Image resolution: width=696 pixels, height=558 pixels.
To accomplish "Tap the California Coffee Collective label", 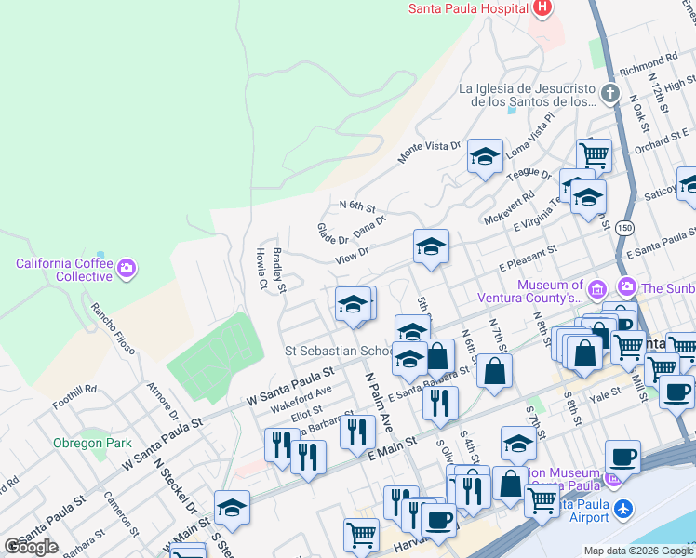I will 64,270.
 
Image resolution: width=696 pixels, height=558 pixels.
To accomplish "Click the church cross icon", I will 609,94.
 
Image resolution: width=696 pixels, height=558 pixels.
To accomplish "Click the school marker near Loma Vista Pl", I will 485,158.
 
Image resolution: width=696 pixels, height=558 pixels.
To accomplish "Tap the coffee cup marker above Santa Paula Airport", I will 622,457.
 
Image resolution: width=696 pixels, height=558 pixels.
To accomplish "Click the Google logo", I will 31,547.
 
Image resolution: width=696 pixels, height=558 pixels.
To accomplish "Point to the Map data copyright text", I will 638,551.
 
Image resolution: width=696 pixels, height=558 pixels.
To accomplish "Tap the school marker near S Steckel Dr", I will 232,508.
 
